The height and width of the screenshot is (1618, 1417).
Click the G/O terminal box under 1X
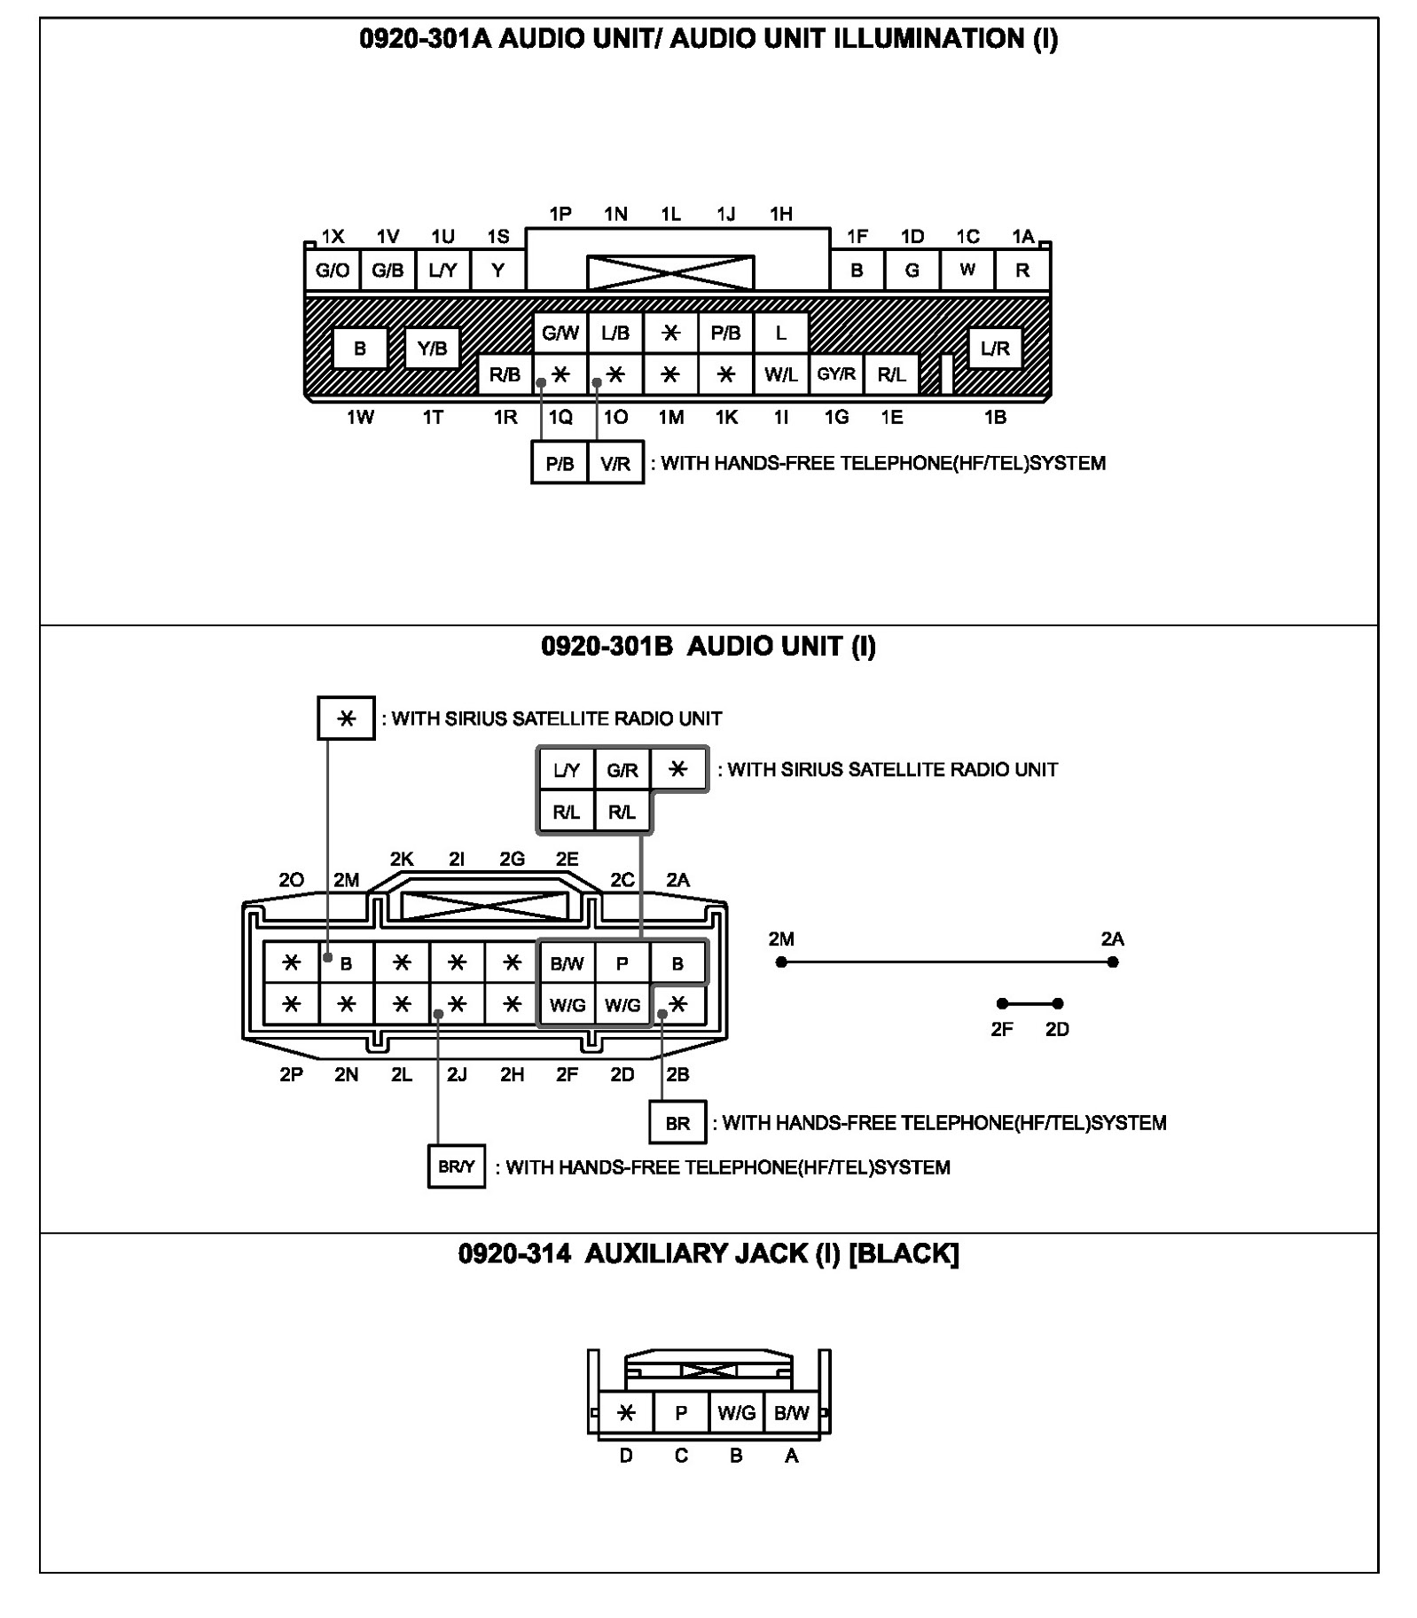(x=333, y=271)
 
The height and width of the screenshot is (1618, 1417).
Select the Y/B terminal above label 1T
(x=432, y=349)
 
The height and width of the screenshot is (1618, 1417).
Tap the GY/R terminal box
(x=836, y=374)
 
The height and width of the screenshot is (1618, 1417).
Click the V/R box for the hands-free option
(x=615, y=463)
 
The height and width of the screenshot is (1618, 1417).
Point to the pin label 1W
(x=360, y=417)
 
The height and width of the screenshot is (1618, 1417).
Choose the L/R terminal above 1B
(x=995, y=349)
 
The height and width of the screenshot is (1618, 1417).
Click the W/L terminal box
(x=780, y=374)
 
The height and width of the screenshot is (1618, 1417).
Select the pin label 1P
(x=560, y=214)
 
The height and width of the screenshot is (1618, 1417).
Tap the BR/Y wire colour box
(x=456, y=1166)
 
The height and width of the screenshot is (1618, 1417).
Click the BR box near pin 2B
(x=677, y=1123)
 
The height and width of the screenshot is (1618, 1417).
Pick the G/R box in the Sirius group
(x=622, y=770)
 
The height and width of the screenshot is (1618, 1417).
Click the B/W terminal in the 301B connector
(x=567, y=963)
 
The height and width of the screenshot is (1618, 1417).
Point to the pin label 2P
(x=291, y=1074)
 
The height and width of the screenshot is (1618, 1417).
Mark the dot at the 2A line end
(x=1113, y=962)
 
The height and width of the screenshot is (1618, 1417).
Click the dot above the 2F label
(x=1002, y=1003)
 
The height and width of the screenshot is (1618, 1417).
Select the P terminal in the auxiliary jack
(x=681, y=1413)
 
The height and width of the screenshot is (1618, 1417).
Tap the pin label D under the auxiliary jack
(x=626, y=1456)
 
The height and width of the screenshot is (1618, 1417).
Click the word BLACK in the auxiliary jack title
(x=904, y=1253)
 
